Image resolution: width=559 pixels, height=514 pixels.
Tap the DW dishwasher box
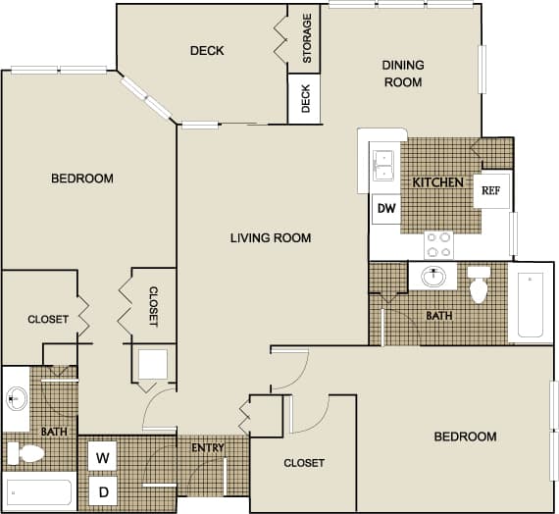(385, 209)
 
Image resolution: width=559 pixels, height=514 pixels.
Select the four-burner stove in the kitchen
(437, 243)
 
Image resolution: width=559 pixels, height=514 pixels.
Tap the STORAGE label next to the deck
(307, 38)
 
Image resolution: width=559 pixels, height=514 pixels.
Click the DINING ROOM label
(402, 74)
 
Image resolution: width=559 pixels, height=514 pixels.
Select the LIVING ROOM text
(271, 237)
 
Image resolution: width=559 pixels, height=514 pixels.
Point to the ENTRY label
(209, 448)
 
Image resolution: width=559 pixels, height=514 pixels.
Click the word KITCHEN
(436, 182)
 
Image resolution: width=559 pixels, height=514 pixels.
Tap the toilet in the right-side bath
(480, 283)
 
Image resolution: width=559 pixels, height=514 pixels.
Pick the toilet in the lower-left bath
(26, 453)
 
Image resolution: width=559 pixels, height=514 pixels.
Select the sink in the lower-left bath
(17, 398)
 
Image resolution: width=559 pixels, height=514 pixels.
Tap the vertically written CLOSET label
(153, 306)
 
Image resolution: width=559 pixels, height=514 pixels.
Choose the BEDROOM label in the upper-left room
(82, 179)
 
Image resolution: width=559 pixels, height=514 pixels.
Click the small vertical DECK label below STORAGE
(305, 99)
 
